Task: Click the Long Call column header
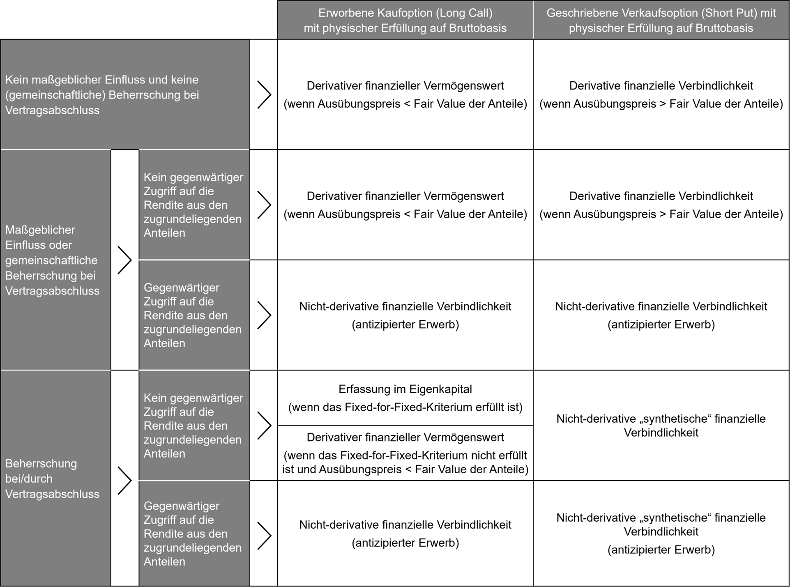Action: [405, 20]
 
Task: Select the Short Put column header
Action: [661, 20]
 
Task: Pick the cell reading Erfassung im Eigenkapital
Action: [405, 398]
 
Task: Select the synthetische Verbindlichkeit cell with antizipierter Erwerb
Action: [661, 533]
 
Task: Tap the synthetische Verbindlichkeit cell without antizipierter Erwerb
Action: [661, 426]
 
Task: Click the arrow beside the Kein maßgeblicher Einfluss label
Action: [264, 94]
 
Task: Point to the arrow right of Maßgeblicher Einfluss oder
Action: [124, 260]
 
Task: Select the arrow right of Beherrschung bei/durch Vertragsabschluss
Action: [124, 480]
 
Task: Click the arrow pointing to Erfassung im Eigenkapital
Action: [264, 426]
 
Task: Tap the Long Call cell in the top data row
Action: [405, 94]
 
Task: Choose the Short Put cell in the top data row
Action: [661, 94]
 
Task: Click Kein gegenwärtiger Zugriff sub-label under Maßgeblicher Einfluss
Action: [193, 205]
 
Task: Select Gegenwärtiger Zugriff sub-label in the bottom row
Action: [193, 534]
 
